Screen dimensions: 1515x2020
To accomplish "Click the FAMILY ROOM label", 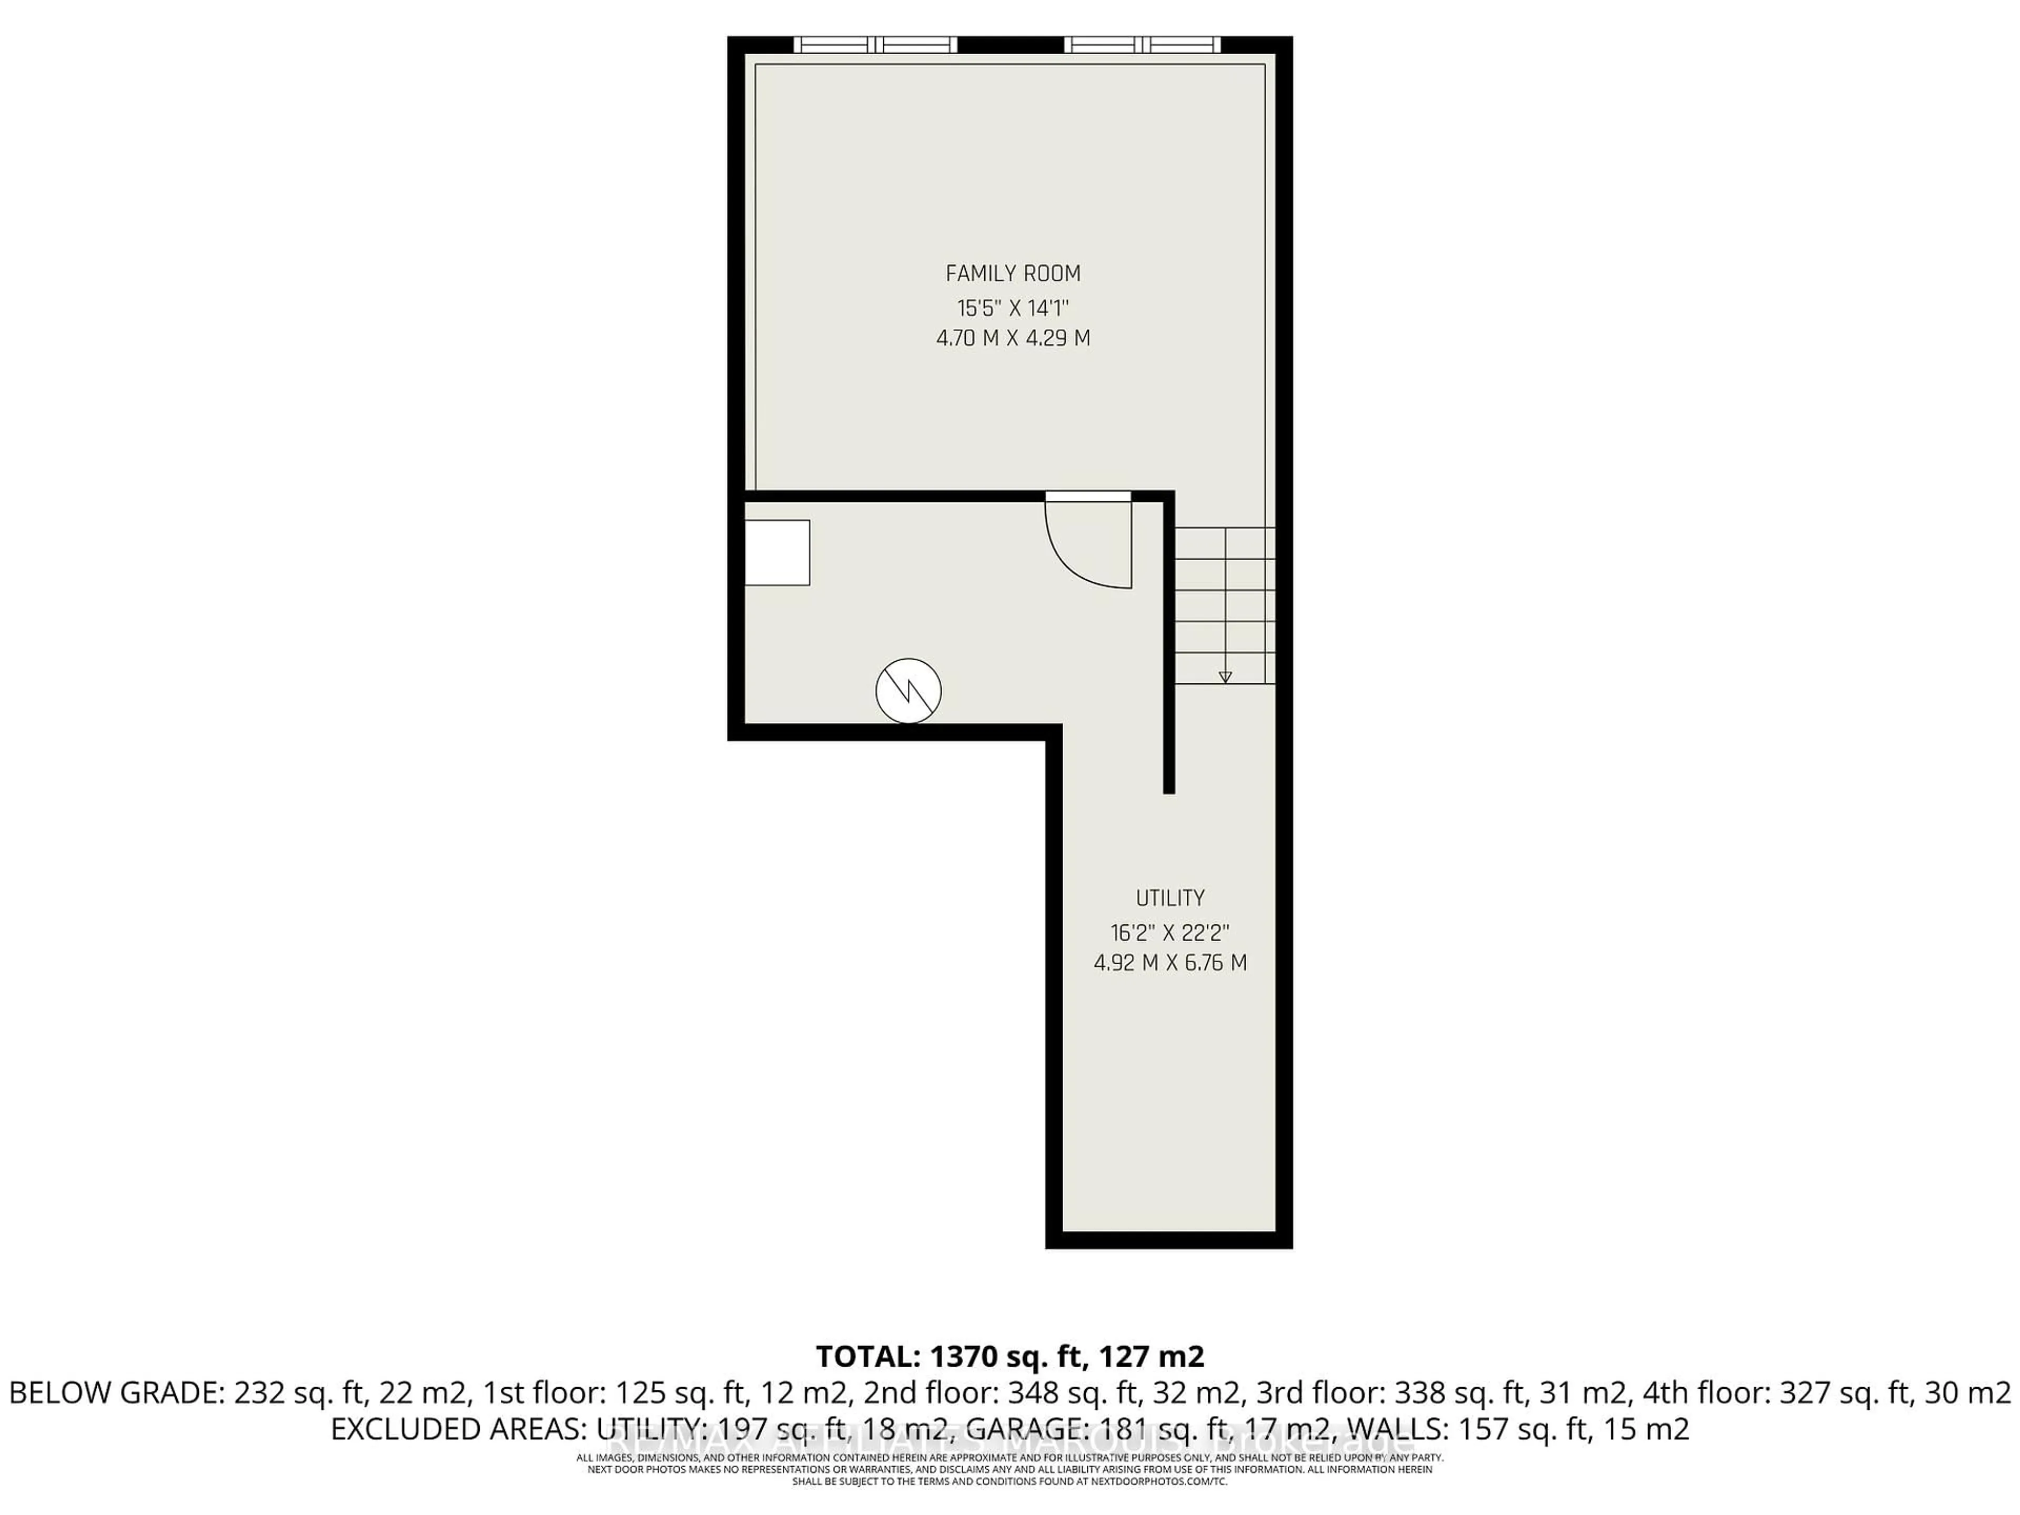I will pos(1013,273).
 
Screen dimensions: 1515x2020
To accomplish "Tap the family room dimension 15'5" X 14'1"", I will pos(1013,307).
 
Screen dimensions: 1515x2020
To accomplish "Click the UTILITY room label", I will pos(1170,897).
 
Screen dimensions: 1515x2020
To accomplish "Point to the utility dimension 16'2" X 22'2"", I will pos(1170,932).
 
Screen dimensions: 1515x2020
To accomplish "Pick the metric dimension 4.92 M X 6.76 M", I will pos(1170,963).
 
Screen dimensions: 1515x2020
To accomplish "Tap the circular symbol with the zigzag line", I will pos(908,690).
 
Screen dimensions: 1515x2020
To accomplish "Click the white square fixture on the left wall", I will pos(777,552).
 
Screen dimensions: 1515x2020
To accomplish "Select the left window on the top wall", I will pos(875,44).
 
